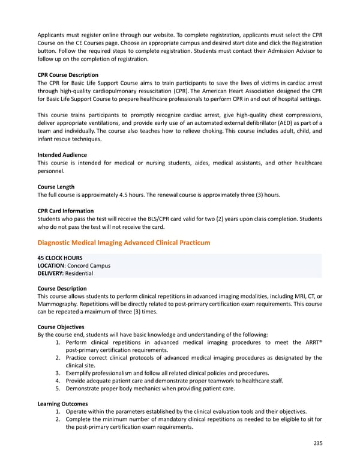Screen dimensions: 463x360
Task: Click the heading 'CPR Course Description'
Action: [68, 75]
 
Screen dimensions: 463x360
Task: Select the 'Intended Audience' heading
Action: [62, 154]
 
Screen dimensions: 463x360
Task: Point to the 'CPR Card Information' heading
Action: [65, 211]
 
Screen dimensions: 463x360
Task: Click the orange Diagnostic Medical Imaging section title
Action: [124, 243]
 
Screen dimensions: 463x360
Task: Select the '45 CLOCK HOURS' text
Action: [59, 258]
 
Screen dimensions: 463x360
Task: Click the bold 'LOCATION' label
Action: [51, 266]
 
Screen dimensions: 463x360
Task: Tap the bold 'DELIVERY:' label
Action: [51, 273]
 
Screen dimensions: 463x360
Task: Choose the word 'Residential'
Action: [79, 273]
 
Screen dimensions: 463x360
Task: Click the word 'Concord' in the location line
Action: [80, 266]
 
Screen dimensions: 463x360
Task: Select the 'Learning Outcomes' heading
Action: [62, 404]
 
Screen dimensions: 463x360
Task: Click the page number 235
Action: [317, 443]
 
